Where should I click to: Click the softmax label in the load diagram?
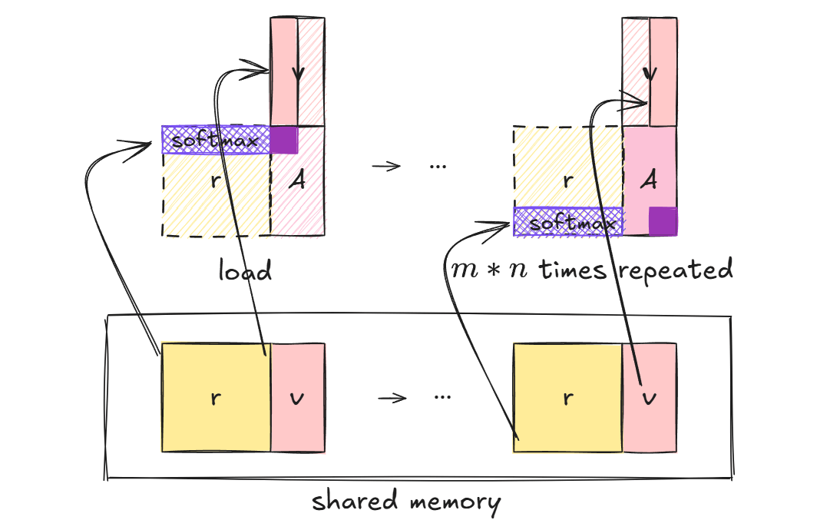point(214,140)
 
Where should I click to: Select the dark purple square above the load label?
point(284,140)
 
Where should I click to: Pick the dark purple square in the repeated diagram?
point(663,221)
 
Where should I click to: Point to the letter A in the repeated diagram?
point(650,181)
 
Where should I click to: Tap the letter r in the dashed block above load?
point(216,181)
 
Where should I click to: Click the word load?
point(245,270)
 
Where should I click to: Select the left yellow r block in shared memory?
point(215,397)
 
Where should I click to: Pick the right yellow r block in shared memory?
point(567,397)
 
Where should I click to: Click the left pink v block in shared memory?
point(298,397)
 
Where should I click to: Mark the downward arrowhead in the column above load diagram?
point(298,77)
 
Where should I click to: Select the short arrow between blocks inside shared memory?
point(392,398)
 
